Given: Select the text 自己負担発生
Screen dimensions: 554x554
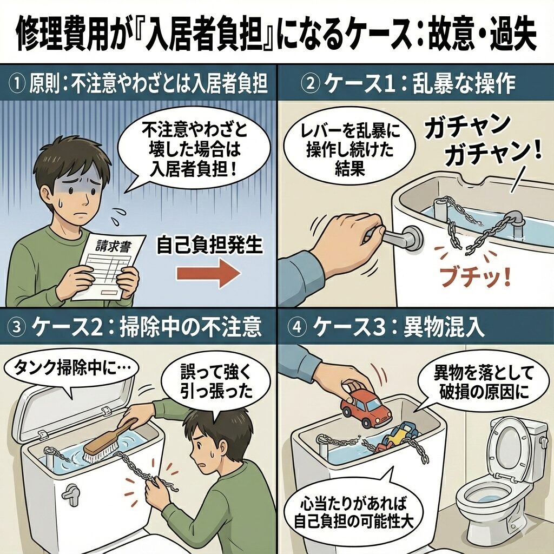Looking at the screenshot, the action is tap(209, 245).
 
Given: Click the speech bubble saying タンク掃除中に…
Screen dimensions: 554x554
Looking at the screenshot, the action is tap(71, 371).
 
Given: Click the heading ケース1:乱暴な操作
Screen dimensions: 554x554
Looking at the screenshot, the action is tap(418, 84).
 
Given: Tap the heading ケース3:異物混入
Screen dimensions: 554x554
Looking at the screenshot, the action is tap(398, 327).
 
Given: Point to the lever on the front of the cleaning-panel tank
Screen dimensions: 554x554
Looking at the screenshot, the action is tap(70, 492).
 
